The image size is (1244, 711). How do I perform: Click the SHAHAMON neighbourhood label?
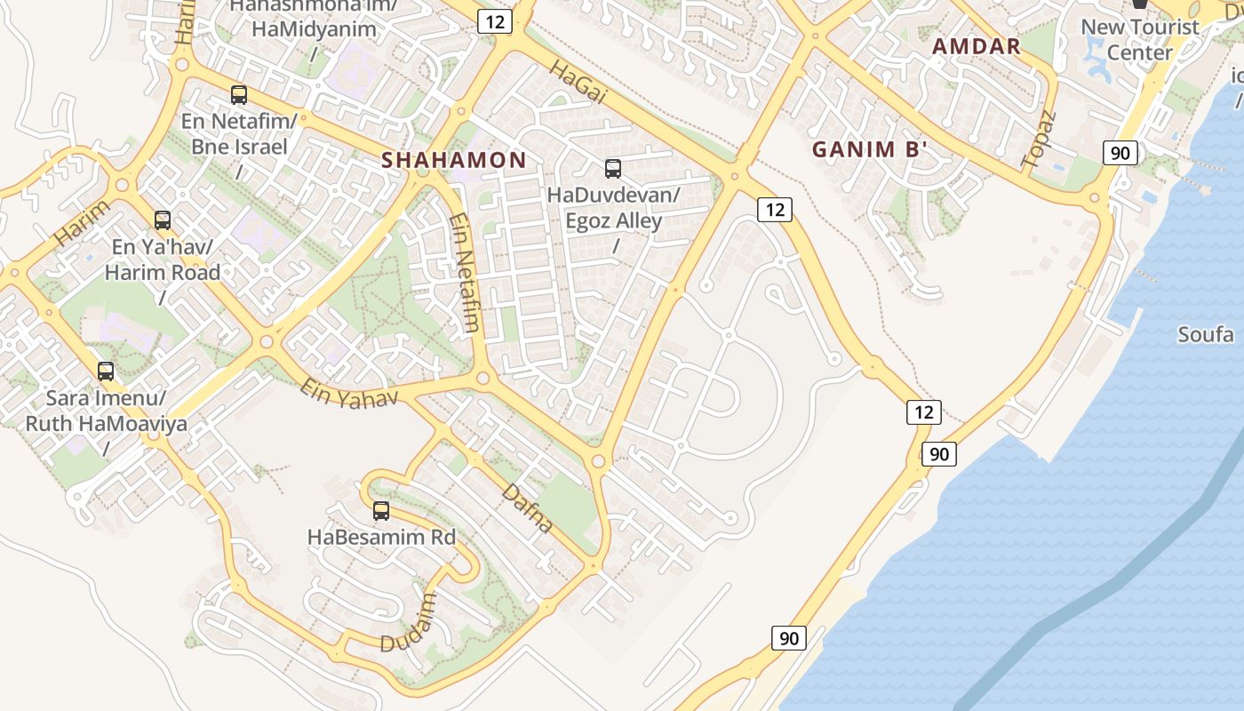[453, 160]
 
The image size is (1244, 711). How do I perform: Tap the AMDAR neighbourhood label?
[976, 47]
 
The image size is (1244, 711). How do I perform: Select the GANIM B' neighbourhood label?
[869, 149]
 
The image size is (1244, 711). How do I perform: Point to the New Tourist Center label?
[1139, 40]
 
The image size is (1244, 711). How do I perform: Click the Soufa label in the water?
[1205, 335]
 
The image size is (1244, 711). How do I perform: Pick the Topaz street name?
[1040, 140]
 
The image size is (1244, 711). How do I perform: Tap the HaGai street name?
[578, 82]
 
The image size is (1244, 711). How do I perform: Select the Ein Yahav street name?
[348, 394]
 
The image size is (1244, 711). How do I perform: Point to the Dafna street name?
[527, 507]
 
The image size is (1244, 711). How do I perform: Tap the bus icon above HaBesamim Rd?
[381, 511]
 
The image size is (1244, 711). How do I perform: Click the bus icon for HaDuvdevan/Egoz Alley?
[612, 168]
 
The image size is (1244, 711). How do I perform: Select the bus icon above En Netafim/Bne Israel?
[238, 94]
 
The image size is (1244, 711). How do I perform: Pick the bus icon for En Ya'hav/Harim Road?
[162, 220]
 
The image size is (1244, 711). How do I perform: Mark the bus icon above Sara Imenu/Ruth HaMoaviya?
[106, 371]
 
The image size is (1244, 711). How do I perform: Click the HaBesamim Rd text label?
[381, 538]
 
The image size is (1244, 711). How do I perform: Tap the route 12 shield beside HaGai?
[494, 21]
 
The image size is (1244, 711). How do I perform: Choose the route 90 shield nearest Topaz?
[1120, 153]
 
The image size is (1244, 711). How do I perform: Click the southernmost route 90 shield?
[788, 637]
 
